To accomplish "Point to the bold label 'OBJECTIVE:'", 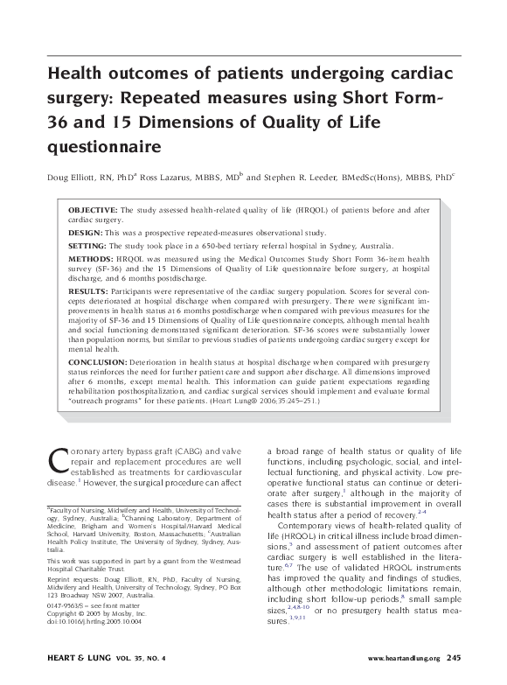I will click(93, 211).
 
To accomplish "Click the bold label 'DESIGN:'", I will click(86, 233).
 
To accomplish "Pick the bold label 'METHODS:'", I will click(91, 262).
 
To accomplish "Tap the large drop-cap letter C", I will click(56, 462).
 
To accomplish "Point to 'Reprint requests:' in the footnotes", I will click(73, 579).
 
